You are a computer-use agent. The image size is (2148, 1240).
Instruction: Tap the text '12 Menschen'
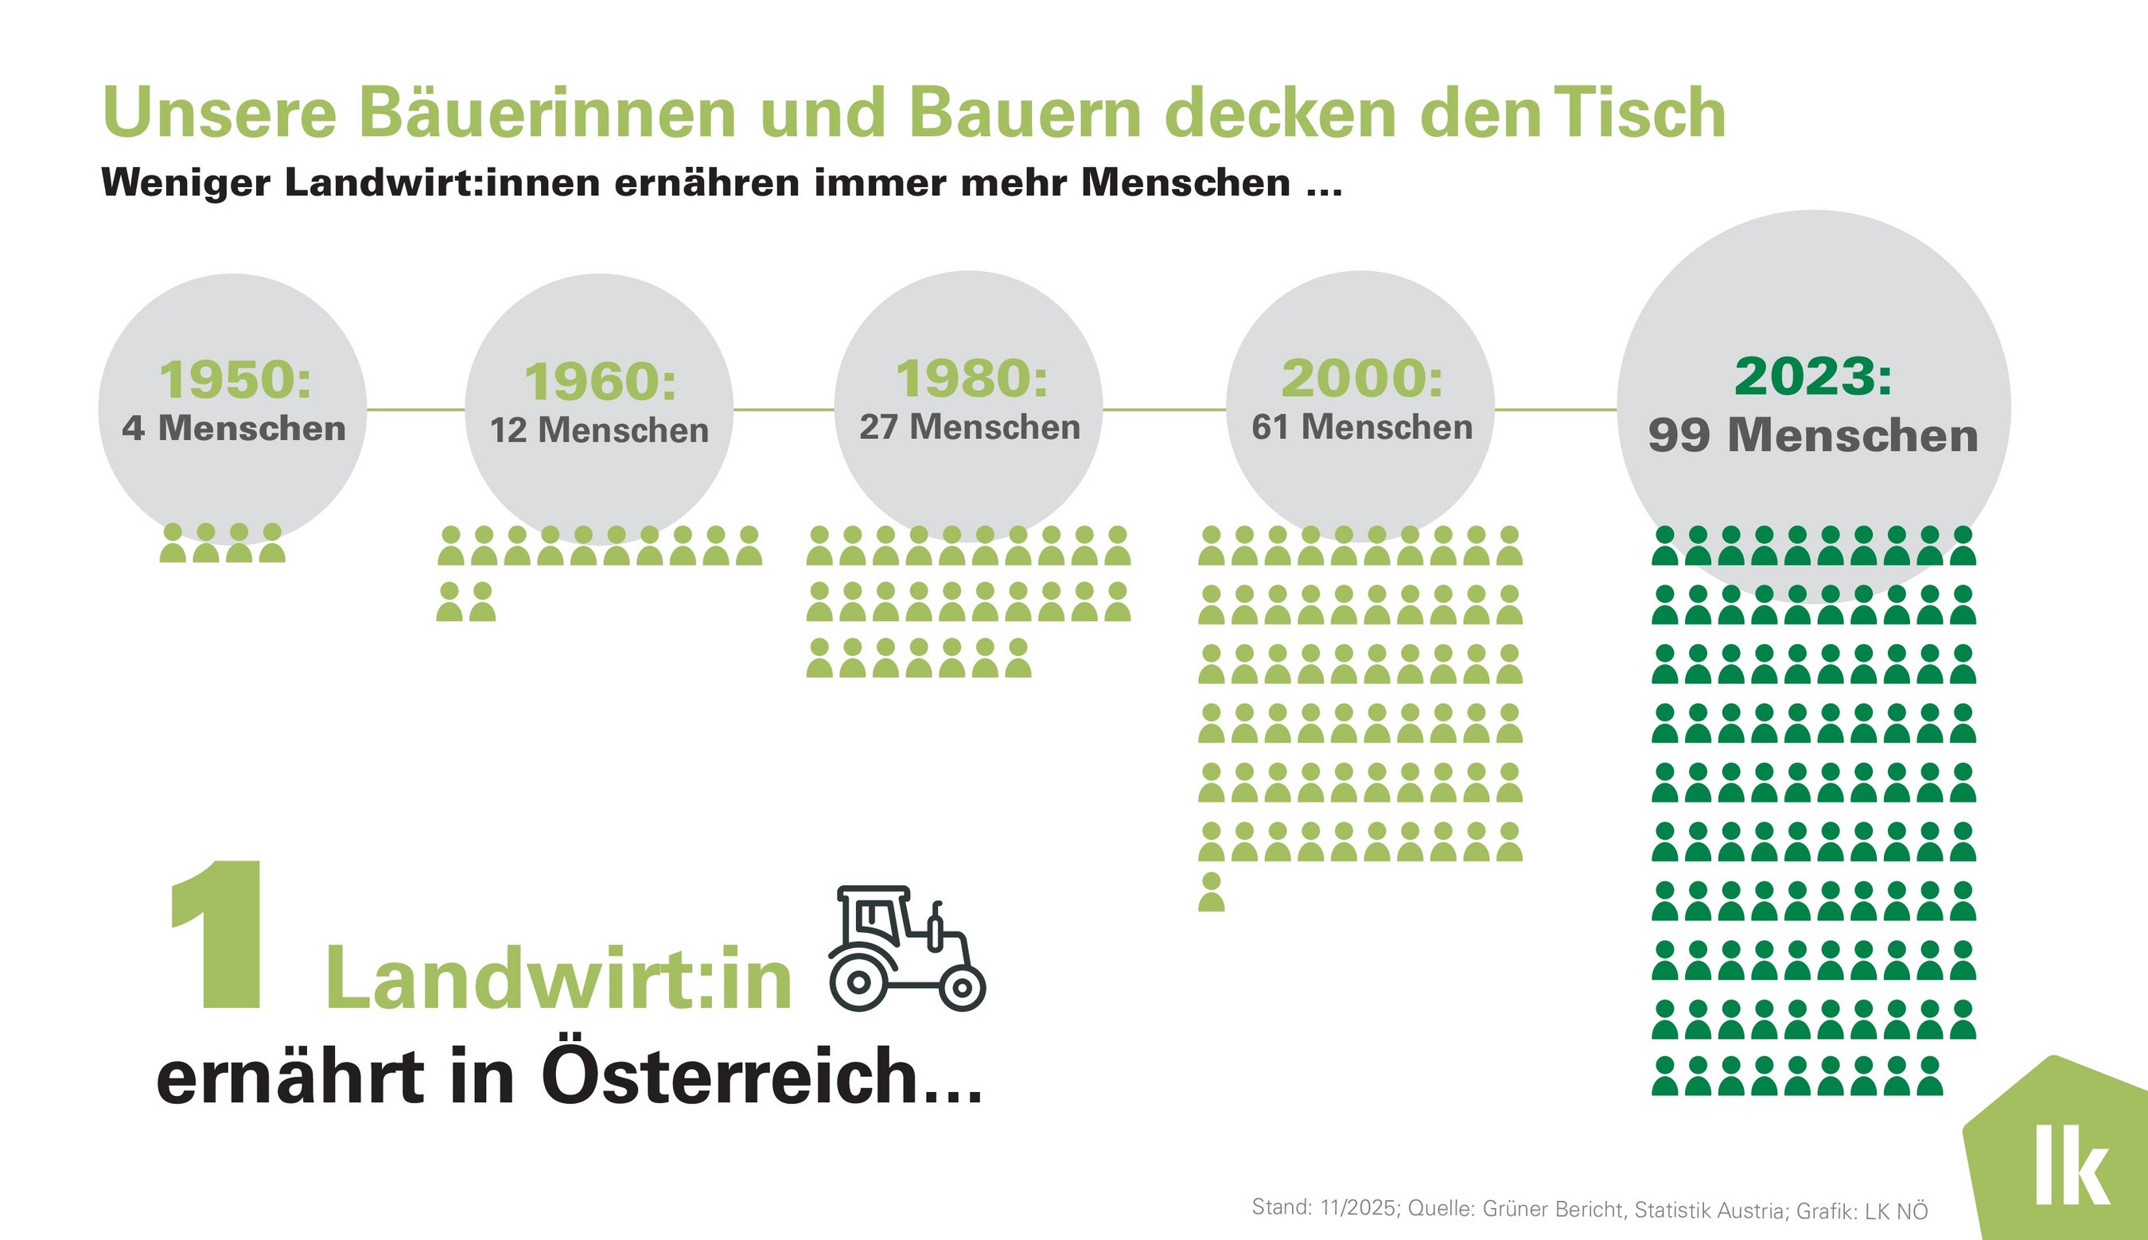point(599,430)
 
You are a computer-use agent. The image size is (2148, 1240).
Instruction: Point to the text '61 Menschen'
point(1361,426)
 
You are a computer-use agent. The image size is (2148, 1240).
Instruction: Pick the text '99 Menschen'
point(1812,435)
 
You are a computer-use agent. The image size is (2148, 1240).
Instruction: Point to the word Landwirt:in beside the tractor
point(558,979)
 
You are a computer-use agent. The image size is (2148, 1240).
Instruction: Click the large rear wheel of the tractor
point(858,982)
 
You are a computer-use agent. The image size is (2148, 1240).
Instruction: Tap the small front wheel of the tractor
point(962,988)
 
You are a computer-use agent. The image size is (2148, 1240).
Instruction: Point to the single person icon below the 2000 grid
point(1211,892)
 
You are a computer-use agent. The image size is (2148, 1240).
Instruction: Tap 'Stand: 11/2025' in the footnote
point(1325,1207)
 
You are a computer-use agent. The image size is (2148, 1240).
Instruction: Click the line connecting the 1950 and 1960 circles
point(415,410)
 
